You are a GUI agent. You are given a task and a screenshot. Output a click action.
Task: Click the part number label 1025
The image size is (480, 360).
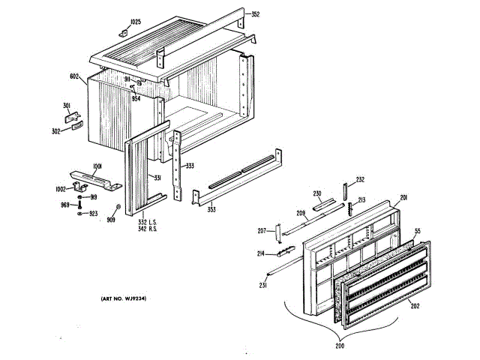pos(135,21)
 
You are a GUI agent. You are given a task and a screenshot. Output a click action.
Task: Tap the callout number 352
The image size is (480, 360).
pos(255,14)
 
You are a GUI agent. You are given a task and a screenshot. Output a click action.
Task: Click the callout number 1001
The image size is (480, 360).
pos(97,166)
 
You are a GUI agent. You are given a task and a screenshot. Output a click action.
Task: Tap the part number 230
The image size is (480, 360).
pos(317,193)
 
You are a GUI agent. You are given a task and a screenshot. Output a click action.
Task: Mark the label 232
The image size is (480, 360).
pos(360,179)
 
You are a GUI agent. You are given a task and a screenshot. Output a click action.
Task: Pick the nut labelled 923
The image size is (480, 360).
pos(79,214)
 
